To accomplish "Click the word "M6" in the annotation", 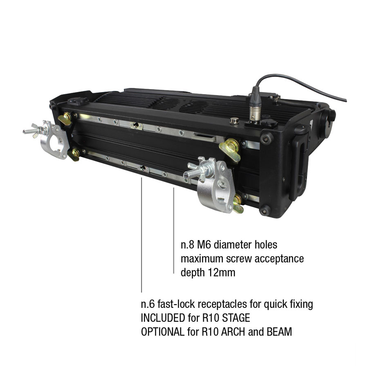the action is tap(204, 245).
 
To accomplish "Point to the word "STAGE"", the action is tap(236, 318).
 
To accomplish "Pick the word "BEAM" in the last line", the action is tap(279, 332).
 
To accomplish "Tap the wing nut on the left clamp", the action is tap(35, 131).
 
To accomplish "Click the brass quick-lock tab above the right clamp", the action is tap(229, 149).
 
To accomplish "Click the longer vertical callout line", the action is tap(141, 235).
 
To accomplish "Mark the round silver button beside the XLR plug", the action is tap(234, 121).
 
